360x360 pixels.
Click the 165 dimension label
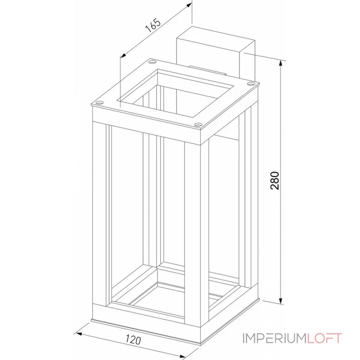153,27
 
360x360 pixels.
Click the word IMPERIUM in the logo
274,338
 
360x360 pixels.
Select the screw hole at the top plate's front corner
198,125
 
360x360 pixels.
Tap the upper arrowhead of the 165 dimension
189,7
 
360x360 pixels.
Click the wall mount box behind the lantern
211,49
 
